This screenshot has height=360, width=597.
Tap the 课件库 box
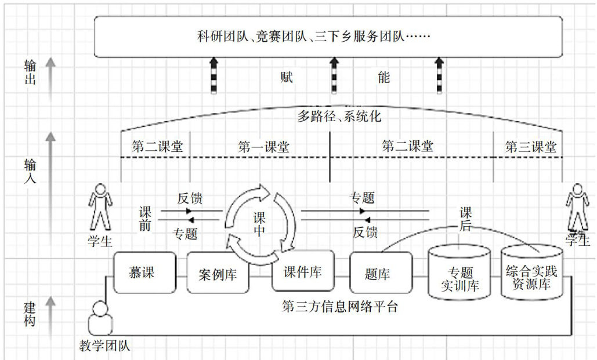pyautogui.click(x=303, y=271)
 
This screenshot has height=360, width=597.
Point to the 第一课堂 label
pyautogui.click(x=263, y=147)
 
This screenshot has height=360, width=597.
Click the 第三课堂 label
pyautogui.click(x=530, y=147)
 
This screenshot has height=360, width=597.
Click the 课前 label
pyautogui.click(x=145, y=219)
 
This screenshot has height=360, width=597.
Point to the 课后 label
pyautogui.click(x=466, y=219)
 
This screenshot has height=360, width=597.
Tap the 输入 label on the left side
pyautogui.click(x=30, y=171)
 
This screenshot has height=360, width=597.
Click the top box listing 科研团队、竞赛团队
pyautogui.click(x=328, y=37)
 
